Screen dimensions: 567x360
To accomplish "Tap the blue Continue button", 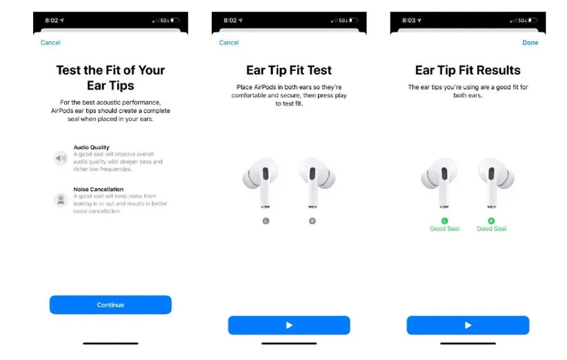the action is (110, 305).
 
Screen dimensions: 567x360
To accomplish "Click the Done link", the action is (530, 43).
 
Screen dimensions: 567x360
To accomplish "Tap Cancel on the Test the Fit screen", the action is (50, 43).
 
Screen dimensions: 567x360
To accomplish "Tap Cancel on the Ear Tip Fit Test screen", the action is (229, 43).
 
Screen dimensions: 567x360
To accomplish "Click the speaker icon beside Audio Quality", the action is (61, 158).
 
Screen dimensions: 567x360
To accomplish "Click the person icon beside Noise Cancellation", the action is (61, 199).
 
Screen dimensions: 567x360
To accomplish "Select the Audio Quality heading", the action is (91, 147).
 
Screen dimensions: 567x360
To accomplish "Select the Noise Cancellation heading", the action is (99, 189).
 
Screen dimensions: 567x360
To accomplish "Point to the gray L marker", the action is (266, 221).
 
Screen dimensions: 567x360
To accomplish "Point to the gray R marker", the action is (312, 221).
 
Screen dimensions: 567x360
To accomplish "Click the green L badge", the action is (444, 221).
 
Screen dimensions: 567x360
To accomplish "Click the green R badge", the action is (491, 221).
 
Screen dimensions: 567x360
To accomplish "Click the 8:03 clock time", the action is (408, 20).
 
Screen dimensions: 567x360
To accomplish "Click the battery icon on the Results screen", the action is (533, 20).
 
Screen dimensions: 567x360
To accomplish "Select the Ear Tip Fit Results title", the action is (468, 70).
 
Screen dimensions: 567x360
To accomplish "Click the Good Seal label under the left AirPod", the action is (444, 229).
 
